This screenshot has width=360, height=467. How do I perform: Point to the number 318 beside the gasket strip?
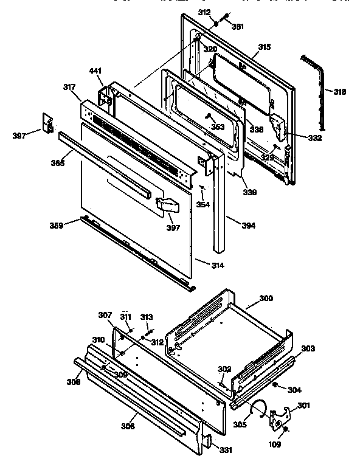tap(339, 92)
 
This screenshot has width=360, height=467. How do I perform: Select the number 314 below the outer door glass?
tap(201, 266)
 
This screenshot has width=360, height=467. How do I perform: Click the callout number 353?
tap(217, 126)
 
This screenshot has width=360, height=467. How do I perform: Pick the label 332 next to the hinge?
tap(314, 139)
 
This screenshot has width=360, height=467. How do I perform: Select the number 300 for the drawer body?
tap(266, 299)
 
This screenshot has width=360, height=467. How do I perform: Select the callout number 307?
tap(105, 315)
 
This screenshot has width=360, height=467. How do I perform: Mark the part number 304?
tap(294, 390)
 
